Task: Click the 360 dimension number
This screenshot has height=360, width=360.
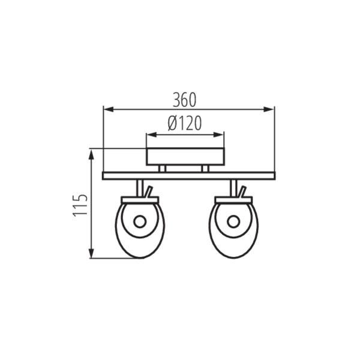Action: [185, 100]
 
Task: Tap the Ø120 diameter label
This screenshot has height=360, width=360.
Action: [185, 123]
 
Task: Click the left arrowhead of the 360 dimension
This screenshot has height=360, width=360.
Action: [109, 109]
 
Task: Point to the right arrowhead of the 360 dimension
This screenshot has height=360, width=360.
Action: [269, 109]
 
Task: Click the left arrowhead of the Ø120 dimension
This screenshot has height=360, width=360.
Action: [152, 135]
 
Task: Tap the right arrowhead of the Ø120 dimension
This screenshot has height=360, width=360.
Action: [218, 135]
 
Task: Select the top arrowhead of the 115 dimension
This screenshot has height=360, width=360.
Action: [92, 155]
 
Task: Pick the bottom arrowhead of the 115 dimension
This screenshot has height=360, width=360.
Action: [92, 253]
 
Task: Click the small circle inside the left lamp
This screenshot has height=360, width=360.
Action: [140, 222]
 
